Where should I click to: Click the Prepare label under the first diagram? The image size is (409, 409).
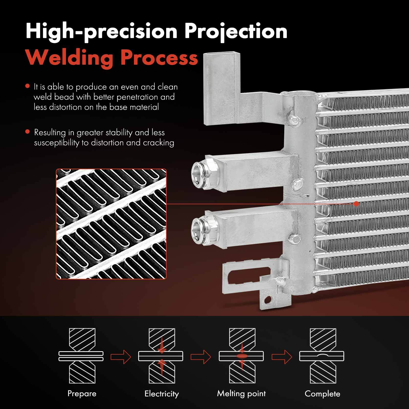pyautogui.click(x=82, y=393)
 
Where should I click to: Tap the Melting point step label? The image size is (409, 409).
pyautogui.click(x=241, y=393)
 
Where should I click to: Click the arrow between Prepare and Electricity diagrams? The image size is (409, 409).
pyautogui.click(x=121, y=356)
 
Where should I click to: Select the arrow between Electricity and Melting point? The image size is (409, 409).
pyautogui.click(x=201, y=356)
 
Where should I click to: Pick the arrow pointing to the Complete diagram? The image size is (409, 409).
pyautogui.click(x=281, y=356)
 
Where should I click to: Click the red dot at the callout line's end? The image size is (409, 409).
pyautogui.click(x=356, y=204)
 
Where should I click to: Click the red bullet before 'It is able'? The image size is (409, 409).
pyautogui.click(x=28, y=86)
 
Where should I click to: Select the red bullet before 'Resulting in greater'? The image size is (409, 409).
pyautogui.click(x=28, y=132)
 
